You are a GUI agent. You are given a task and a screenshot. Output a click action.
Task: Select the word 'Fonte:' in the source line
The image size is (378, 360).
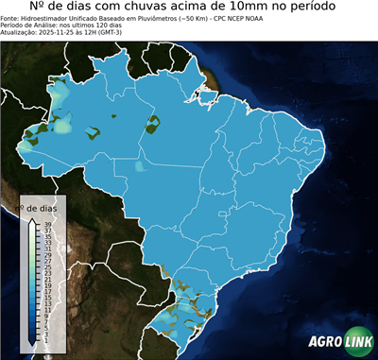pyautogui.click(x=10, y=18)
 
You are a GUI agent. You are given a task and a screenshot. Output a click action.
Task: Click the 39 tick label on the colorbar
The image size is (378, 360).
pyautogui.click(x=47, y=224)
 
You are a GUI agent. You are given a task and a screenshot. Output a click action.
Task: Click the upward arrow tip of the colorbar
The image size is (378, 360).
pyautogui.click(x=32, y=215)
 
